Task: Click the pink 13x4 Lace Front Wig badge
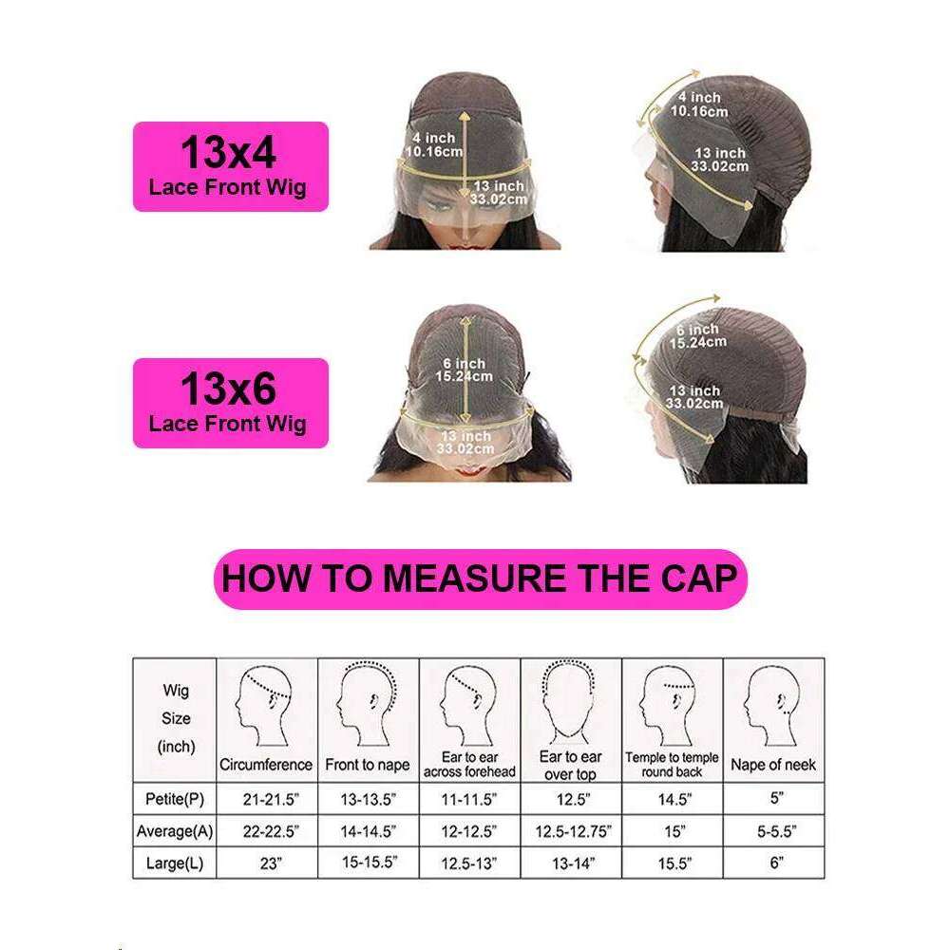coord(231,166)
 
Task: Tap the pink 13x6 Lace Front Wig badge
coord(231,403)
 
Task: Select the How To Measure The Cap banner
coord(481,579)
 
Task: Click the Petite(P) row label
coord(175,799)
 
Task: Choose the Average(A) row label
coord(175,831)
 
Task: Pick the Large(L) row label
coord(175,864)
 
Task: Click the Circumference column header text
coord(266,765)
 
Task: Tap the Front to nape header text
coord(368,765)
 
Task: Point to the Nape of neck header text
coord(773,765)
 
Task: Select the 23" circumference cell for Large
coord(271,864)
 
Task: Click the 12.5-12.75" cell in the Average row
coord(573,831)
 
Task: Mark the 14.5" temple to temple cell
coord(674,799)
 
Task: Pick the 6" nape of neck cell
coord(777,863)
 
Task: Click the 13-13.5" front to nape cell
coord(369,799)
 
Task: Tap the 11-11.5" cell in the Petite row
coord(469,799)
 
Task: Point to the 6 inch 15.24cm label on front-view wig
coord(464,370)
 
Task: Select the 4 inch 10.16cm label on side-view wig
coord(699,104)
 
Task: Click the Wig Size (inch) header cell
coord(175,718)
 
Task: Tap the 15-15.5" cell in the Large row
coord(370,863)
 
